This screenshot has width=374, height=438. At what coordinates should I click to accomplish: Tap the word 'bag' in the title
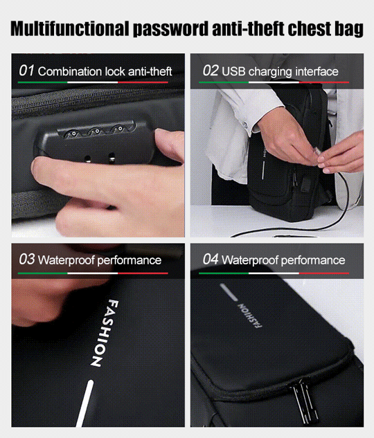(349, 29)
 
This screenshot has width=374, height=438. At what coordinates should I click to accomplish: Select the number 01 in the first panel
(26, 71)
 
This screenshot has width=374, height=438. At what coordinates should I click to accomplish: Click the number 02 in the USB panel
(211, 71)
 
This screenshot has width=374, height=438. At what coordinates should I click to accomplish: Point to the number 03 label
(27, 259)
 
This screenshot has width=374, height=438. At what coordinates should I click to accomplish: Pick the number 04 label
(211, 259)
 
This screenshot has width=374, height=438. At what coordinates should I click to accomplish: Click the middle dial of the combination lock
(96, 131)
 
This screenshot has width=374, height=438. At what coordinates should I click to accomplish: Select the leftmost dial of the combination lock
(73, 134)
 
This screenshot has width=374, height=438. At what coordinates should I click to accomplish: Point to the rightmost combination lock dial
(119, 129)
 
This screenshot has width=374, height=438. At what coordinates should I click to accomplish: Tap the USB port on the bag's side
(306, 185)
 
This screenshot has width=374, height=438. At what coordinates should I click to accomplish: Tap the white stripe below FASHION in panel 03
(85, 403)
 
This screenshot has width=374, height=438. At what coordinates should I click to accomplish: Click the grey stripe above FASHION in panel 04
(229, 292)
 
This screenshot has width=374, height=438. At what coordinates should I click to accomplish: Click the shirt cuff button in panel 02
(245, 125)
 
